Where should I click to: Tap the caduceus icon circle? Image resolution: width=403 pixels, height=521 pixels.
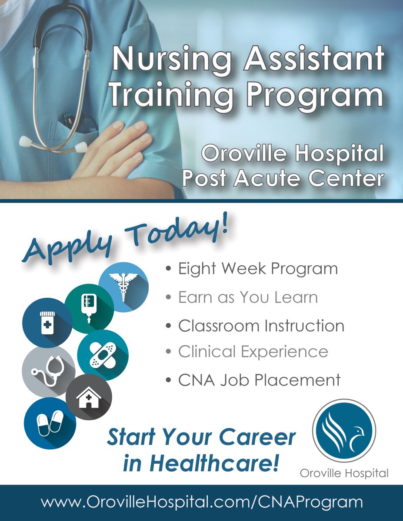[123, 287]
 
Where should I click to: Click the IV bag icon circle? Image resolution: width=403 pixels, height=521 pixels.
[89, 309]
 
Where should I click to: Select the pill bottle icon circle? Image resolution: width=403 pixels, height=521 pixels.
[47, 323]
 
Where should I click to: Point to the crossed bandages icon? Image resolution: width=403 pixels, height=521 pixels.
[103, 355]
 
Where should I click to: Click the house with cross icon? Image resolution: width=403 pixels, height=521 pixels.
[89, 397]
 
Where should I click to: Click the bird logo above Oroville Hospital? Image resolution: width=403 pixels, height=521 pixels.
[344, 431]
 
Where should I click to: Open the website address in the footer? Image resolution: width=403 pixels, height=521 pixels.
[202, 501]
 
